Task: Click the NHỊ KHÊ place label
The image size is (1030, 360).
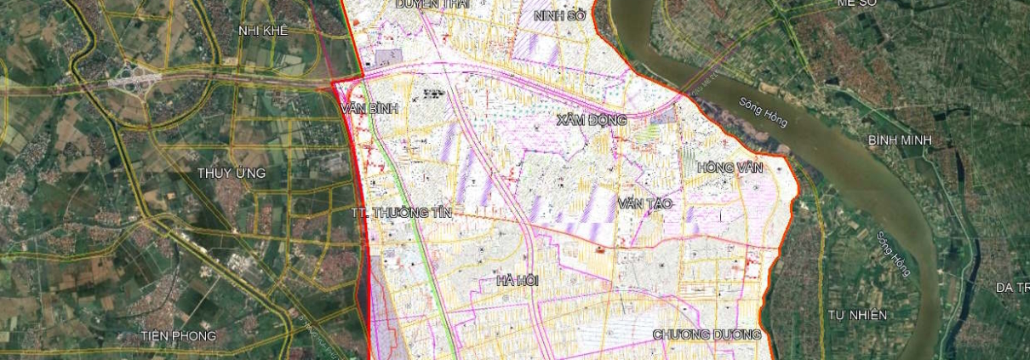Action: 263,31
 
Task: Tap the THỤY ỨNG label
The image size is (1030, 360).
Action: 232,173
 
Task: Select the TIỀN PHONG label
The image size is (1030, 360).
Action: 179,335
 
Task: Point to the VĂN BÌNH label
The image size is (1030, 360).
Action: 368,108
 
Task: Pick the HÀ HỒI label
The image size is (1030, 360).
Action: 518,280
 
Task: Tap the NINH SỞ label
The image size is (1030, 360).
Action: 558,15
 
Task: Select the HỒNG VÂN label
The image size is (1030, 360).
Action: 730,167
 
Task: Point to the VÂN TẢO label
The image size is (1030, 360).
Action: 645,204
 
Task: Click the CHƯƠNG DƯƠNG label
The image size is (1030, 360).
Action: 707,335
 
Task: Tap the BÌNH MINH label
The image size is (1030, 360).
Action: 900,140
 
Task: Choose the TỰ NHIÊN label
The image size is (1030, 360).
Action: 857,315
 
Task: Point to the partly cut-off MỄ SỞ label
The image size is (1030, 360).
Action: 857,3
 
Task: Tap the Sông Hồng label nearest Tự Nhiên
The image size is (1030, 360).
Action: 893,253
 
